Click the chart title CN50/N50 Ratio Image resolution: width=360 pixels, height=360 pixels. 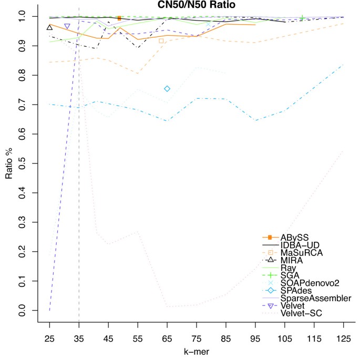click(197, 5)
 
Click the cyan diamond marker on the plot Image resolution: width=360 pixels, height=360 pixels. click(167, 89)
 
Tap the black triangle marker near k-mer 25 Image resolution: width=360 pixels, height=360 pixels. click(49, 27)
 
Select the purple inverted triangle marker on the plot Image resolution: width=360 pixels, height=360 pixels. click(67, 26)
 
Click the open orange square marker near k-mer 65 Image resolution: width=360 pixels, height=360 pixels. click(161, 40)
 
